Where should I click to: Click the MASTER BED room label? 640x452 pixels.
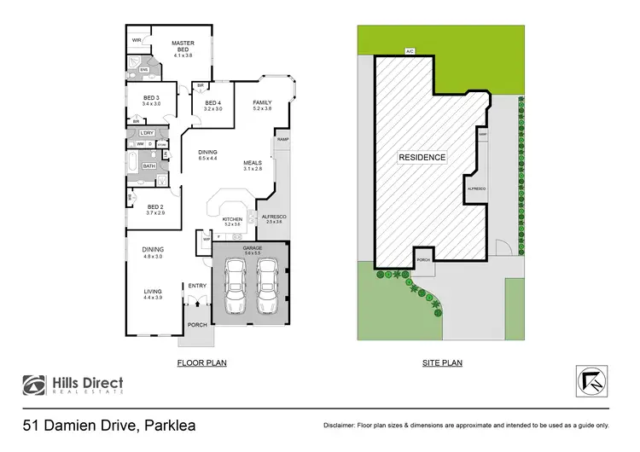[x=182, y=45]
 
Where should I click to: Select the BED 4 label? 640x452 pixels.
[x=212, y=103]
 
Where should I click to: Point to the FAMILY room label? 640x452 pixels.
[x=261, y=103]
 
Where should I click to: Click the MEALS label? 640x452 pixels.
[x=252, y=163]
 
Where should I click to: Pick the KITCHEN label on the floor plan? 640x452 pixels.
[x=232, y=219]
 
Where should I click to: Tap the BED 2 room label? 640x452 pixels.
[x=154, y=207]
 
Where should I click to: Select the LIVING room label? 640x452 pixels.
[x=153, y=292]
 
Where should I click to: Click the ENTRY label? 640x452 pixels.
[x=197, y=286]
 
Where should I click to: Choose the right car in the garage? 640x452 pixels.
[x=268, y=287]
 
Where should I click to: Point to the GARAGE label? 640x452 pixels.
[x=252, y=247]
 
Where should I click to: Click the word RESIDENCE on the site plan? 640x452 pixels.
[x=422, y=158]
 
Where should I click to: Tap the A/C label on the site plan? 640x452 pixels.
[x=410, y=50]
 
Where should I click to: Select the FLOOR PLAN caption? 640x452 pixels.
[x=201, y=362]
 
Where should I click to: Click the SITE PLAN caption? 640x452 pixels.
[x=442, y=362]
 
